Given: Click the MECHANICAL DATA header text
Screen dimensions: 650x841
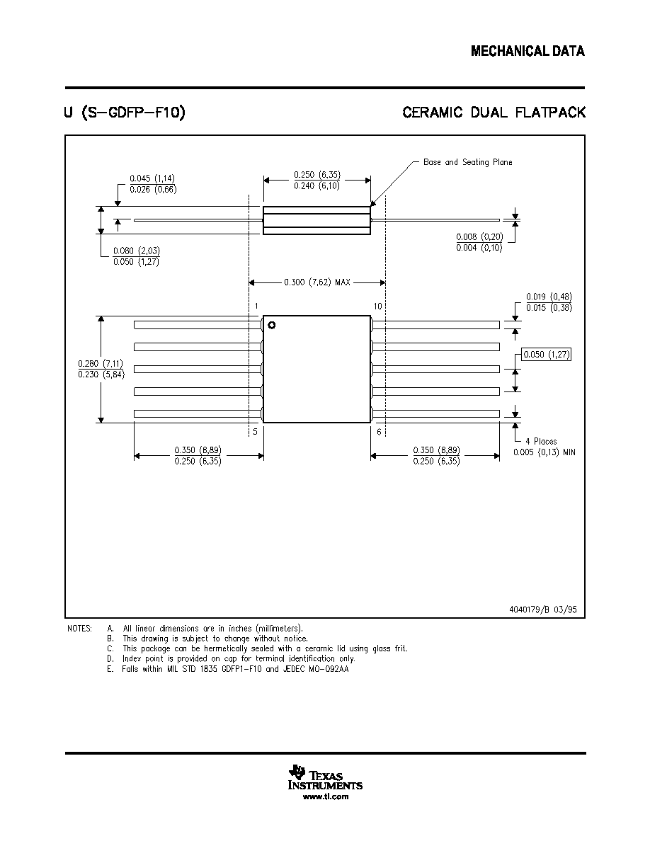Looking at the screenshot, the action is (528, 51).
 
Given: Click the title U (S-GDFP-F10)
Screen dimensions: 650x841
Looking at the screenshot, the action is (125, 113).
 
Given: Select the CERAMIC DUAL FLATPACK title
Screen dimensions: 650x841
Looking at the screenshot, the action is (494, 113).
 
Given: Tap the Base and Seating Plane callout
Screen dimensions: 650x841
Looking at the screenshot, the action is (467, 162).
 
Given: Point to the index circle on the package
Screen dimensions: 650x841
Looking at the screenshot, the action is (271, 325).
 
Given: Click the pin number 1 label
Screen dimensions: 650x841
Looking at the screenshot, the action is (256, 307).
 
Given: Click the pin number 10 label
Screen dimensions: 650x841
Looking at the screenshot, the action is (377, 307).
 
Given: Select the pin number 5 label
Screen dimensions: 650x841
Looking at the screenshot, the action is (256, 432).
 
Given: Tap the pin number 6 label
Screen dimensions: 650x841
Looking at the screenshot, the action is (379, 432).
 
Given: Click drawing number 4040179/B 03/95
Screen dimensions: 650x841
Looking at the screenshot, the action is (543, 610).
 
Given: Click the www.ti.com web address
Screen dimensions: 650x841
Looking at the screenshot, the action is (326, 796).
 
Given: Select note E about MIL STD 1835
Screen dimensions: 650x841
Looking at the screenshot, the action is (228, 669).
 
